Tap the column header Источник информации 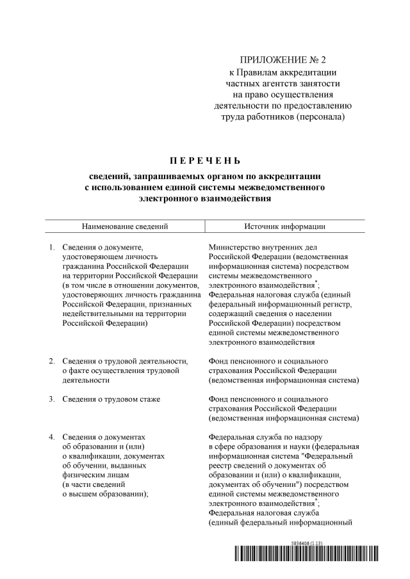point(284,226)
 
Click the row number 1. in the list point(52,246)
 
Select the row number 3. point(52,399)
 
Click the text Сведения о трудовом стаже point(111,399)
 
